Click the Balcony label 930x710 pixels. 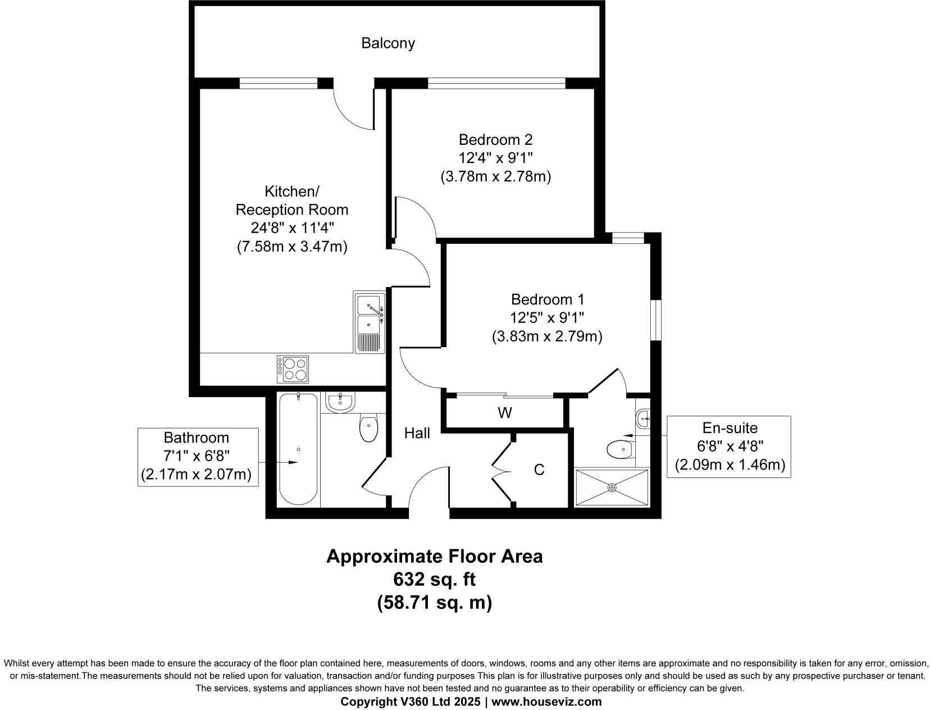388,43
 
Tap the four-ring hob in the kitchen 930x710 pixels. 293,370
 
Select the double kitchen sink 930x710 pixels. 370,322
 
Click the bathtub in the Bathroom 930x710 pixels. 298,449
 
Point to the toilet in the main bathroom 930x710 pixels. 368,427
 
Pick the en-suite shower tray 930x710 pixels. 612,488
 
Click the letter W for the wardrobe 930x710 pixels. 505,413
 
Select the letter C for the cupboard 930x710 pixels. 539,470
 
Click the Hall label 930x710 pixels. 417,433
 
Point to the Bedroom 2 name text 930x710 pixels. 495,139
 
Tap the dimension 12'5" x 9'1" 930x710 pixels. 547,318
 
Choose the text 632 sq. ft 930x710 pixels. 434,580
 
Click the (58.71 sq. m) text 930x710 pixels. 434,602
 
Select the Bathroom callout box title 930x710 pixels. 196,437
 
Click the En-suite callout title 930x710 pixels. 730,428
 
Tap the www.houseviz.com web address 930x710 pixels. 546,702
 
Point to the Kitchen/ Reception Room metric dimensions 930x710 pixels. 293,247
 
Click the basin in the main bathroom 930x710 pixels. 340,402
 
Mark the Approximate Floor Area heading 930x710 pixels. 434,557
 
